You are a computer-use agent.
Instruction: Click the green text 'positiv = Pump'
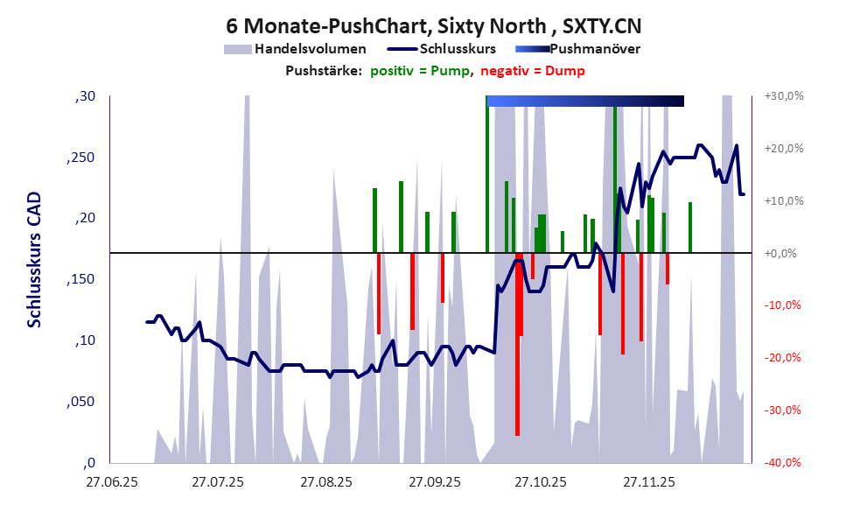point(421,71)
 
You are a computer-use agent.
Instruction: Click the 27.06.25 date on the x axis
point(110,482)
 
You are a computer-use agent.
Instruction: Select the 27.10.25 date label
point(540,482)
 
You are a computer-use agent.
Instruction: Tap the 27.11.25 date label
point(647,482)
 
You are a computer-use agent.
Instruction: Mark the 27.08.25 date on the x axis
point(325,482)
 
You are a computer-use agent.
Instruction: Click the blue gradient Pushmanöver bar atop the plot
point(584,102)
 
